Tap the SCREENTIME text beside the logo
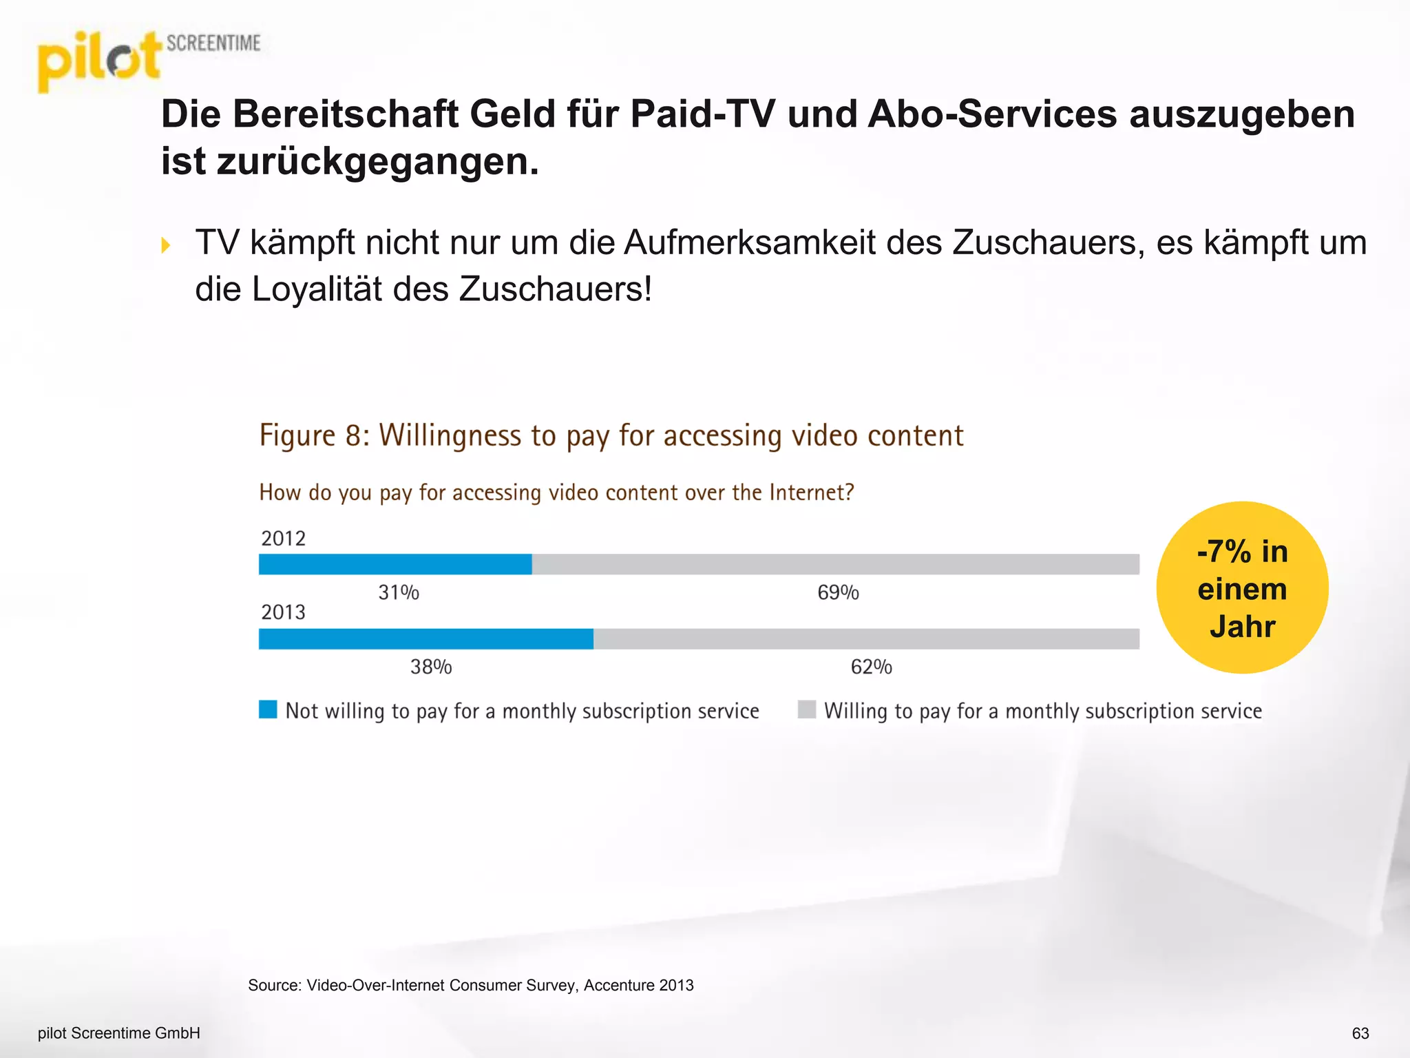[x=213, y=43]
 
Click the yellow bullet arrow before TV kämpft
[x=165, y=245]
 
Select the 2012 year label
[x=283, y=538]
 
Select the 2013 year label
[x=283, y=612]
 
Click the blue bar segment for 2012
[x=395, y=564]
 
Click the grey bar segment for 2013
[x=866, y=639]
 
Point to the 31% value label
[x=399, y=592]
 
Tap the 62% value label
[x=871, y=667]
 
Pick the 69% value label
[x=838, y=592]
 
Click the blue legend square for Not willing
[x=268, y=709]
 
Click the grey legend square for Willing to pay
[x=806, y=709]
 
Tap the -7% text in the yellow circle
[x=1224, y=552]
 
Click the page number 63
[x=1360, y=1033]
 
